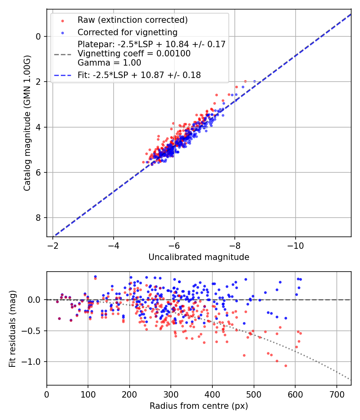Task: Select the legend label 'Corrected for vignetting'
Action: point(127,32)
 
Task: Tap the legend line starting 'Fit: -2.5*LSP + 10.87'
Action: point(139,75)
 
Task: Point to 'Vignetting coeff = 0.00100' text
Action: point(134,54)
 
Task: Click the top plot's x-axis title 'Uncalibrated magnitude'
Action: point(199,257)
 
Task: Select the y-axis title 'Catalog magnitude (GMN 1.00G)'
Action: point(27,128)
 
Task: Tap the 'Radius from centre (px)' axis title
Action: point(199,406)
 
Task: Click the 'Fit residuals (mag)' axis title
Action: point(12,329)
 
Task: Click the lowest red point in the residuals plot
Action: point(286,366)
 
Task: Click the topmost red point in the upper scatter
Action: point(245,81)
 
